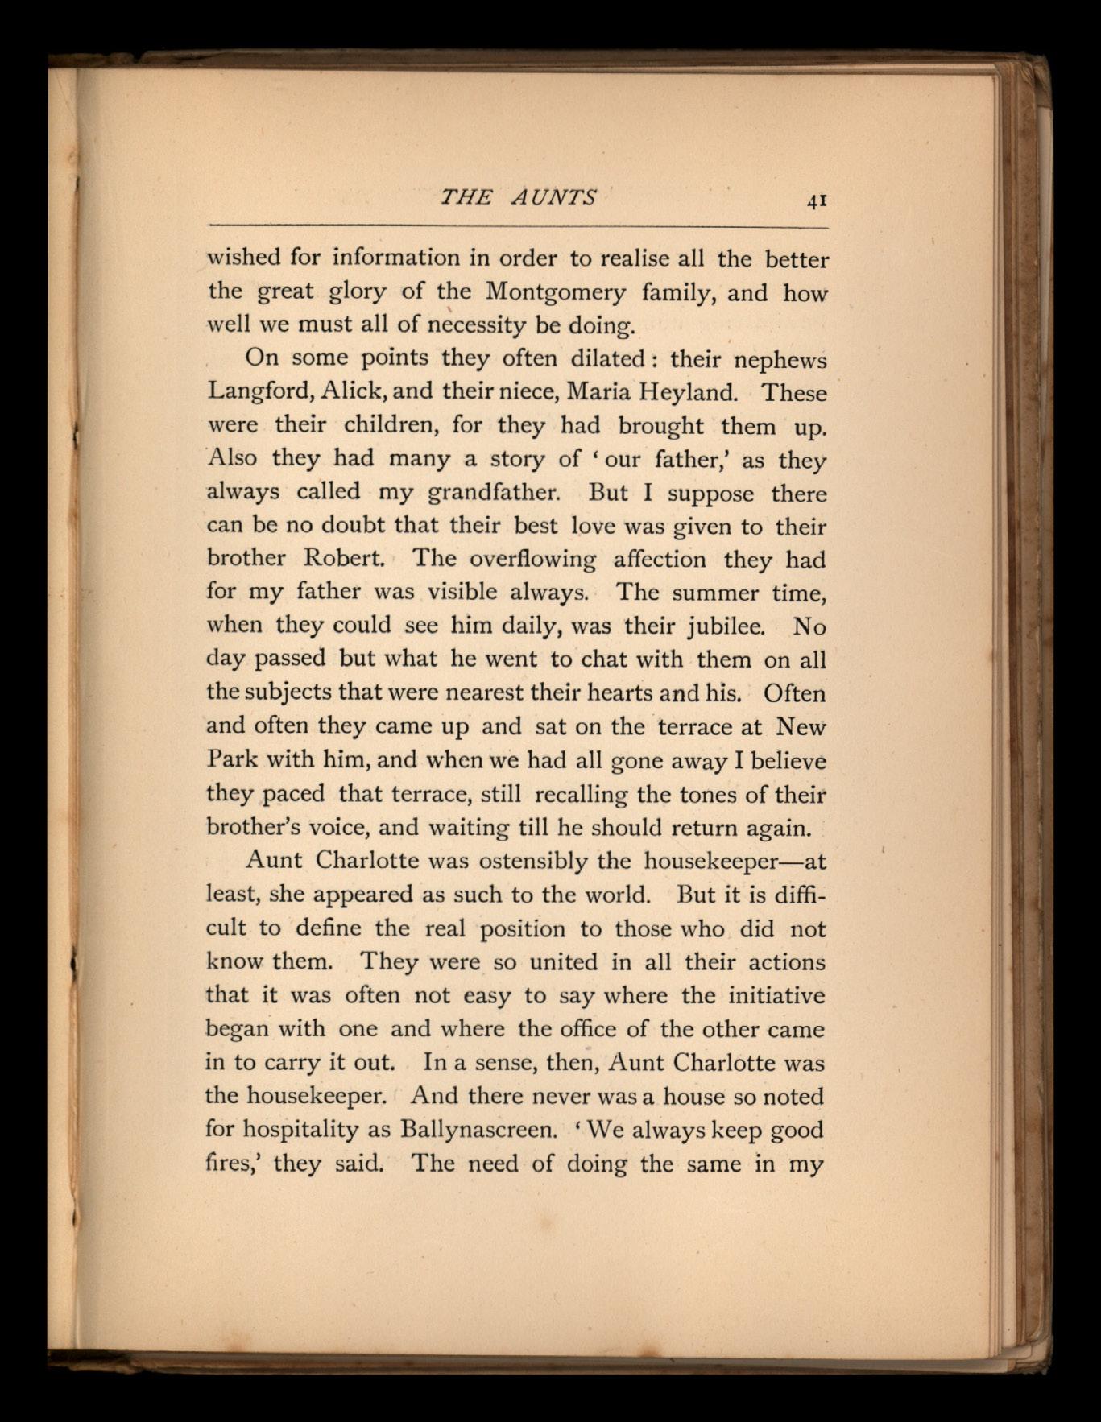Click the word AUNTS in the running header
pos(555,197)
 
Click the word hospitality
pos(300,1130)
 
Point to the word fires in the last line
pos(232,1164)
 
